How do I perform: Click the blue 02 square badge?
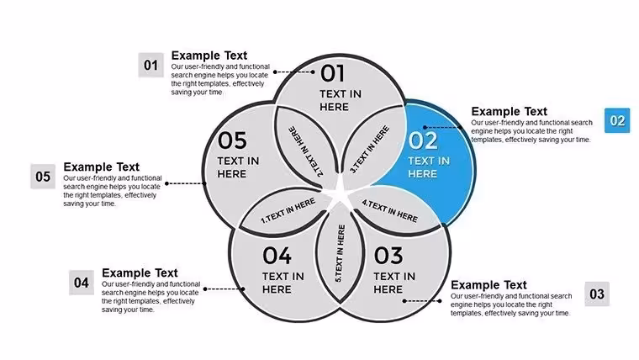pos(617,120)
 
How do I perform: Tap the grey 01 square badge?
pos(151,65)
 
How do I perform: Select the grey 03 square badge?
pos(597,294)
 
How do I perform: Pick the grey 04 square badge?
pos(82,283)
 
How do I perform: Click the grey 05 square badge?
pos(43,177)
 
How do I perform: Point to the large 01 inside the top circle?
pos(332,74)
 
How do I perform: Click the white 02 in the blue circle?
pos(423,140)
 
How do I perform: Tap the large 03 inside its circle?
pos(388,256)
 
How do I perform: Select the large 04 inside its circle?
pos(277,256)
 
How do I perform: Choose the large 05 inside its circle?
pos(232,140)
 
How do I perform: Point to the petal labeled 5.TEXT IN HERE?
pos(340,253)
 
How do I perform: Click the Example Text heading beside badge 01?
pos(209,56)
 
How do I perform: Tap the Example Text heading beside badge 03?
pos(488,284)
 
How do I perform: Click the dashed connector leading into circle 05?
pos(186,183)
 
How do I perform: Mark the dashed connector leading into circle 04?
pos(224,289)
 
